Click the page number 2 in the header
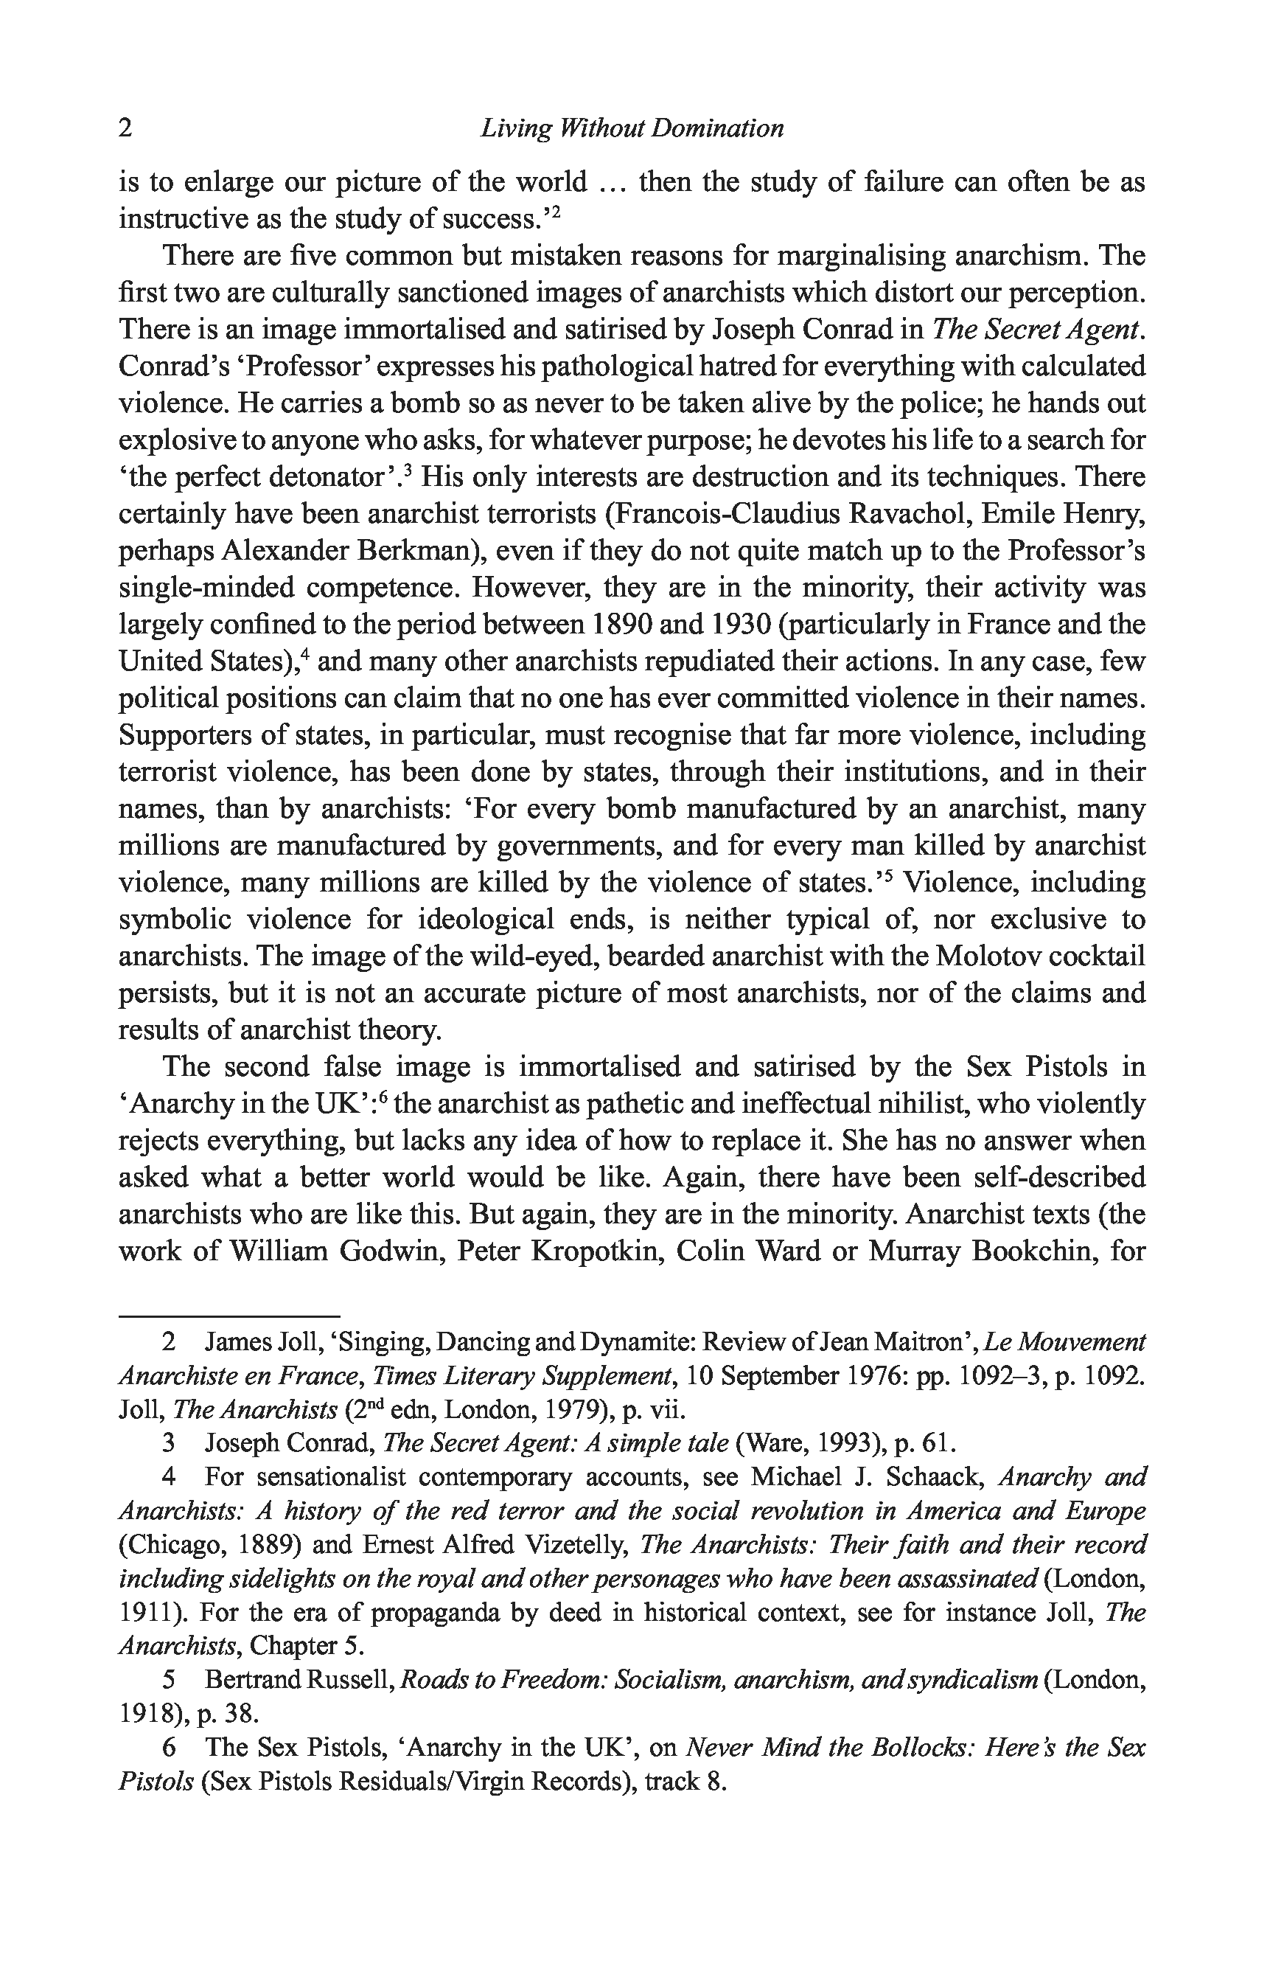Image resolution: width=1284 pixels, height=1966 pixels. [125, 128]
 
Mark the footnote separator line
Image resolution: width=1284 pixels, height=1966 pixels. [228, 1315]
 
